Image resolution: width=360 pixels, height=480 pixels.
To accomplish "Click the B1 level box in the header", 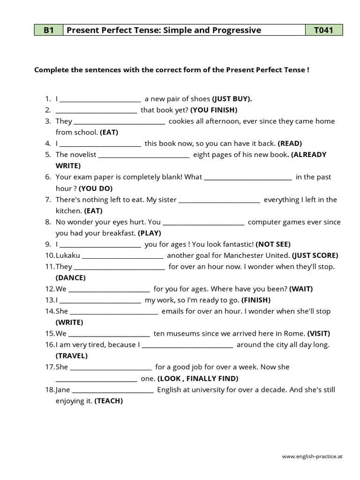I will (49, 30).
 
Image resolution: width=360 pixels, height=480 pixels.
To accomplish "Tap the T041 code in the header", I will (324, 30).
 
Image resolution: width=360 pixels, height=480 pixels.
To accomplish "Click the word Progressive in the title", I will (231, 30).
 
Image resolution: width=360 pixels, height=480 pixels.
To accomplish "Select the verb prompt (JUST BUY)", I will (232, 99).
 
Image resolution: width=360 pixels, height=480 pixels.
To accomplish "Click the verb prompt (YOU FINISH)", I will (214, 110).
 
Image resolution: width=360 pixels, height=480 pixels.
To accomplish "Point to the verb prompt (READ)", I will (290, 143).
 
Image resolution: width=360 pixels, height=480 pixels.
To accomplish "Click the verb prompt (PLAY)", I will (150, 233).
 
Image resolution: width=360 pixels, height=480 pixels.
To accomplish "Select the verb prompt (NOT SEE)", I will (273, 244).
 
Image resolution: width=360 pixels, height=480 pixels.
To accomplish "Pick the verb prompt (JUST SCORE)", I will (315, 255).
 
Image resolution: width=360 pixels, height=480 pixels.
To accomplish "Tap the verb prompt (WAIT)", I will (301, 289).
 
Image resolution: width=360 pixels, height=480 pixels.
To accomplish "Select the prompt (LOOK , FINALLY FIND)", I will (198, 378).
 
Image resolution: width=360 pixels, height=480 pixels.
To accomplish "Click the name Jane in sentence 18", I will (63, 390).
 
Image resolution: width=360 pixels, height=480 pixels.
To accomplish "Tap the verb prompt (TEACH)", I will (109, 401).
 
